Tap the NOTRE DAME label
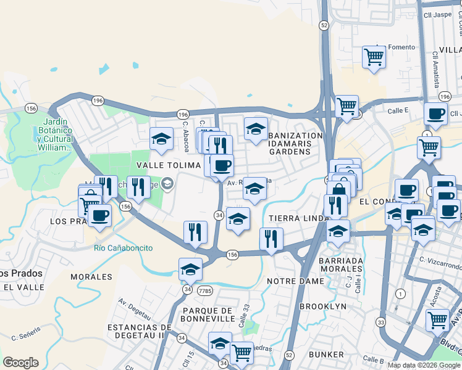[295, 281]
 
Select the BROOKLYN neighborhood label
[322, 306]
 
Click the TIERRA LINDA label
[293, 218]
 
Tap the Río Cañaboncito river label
[123, 248]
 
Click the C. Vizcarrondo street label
[440, 266]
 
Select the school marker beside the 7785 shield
[190, 269]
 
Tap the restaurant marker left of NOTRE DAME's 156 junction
[195, 232]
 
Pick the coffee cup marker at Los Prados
[99, 216]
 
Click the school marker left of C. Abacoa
[161, 138]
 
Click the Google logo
[20, 363]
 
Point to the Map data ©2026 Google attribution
[424, 365]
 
